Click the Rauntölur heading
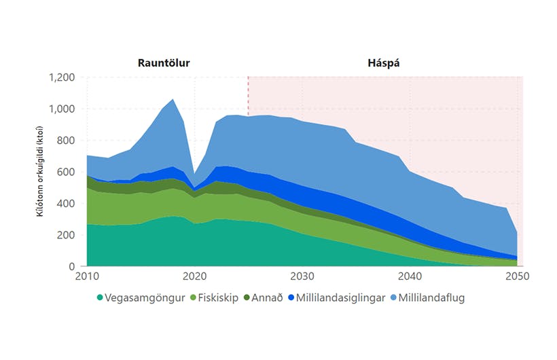point(164,64)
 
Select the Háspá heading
point(384,64)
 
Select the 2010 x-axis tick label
point(88,277)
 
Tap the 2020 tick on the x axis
point(195,277)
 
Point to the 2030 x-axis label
point(302,277)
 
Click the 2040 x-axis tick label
point(410,277)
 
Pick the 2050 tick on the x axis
point(517,277)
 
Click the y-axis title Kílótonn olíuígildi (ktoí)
point(40,171)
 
